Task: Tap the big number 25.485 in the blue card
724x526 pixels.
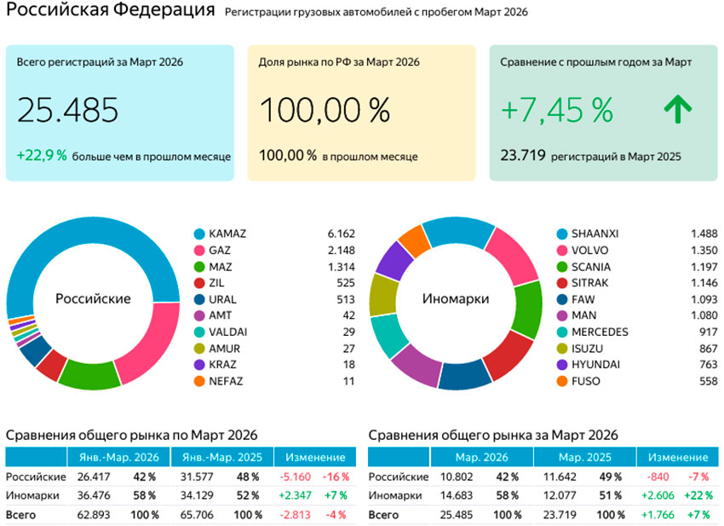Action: (67, 110)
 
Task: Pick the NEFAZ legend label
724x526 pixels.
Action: (225, 381)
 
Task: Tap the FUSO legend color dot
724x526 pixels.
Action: (562, 381)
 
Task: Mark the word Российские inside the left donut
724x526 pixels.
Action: (93, 299)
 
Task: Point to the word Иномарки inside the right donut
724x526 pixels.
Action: (456, 299)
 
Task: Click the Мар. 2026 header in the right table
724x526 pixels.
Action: (482, 458)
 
